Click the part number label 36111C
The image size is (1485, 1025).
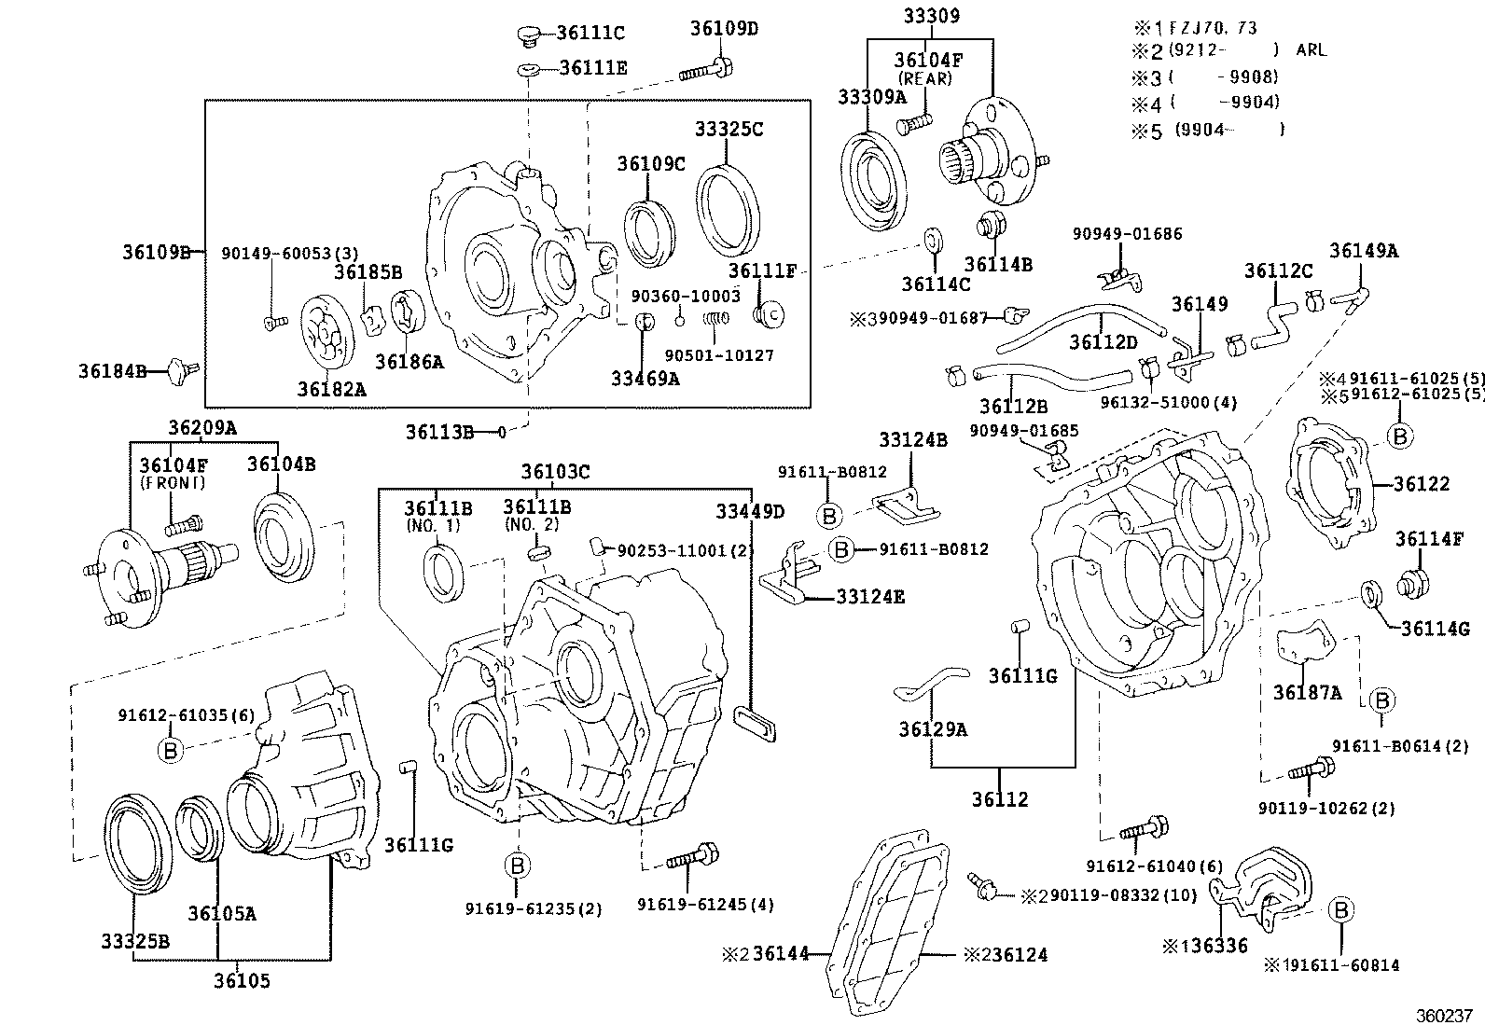(x=590, y=34)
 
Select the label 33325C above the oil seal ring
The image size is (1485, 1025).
(x=728, y=129)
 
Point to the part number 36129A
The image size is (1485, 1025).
(x=933, y=729)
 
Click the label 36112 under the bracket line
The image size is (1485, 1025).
(x=1000, y=799)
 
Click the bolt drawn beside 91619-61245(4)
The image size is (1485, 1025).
(x=690, y=857)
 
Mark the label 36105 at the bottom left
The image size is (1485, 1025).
(x=241, y=980)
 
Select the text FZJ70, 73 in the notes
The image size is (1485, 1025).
(x=1213, y=28)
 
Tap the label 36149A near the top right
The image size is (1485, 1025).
(x=1364, y=250)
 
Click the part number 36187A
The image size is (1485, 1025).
(x=1307, y=692)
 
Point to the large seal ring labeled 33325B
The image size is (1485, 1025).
(x=136, y=844)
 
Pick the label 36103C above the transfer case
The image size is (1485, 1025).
(x=555, y=472)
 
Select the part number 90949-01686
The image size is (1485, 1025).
(x=1127, y=234)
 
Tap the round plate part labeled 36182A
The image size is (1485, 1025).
(x=331, y=330)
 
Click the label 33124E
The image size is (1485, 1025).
(x=869, y=596)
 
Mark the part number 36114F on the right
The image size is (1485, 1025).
(x=1429, y=538)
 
